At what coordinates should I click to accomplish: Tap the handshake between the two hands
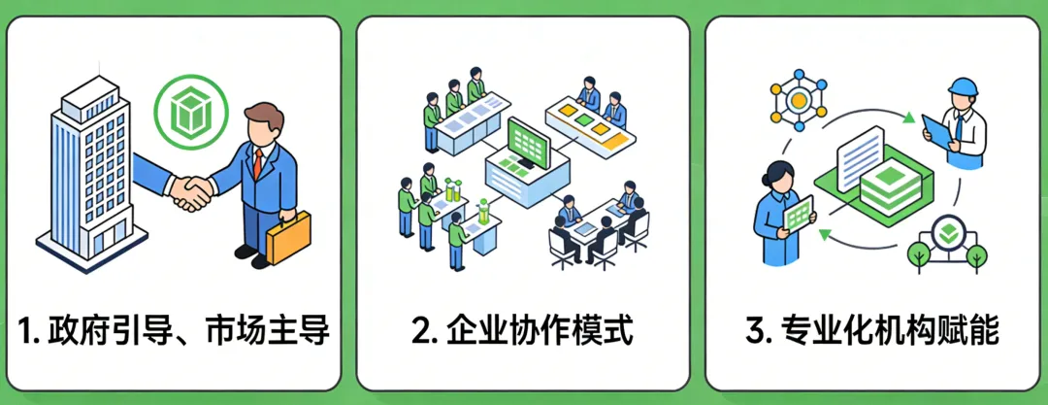pyautogui.click(x=192, y=190)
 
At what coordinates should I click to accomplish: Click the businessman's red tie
pyautogui.click(x=258, y=164)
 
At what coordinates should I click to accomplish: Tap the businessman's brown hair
pyautogui.click(x=265, y=117)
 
